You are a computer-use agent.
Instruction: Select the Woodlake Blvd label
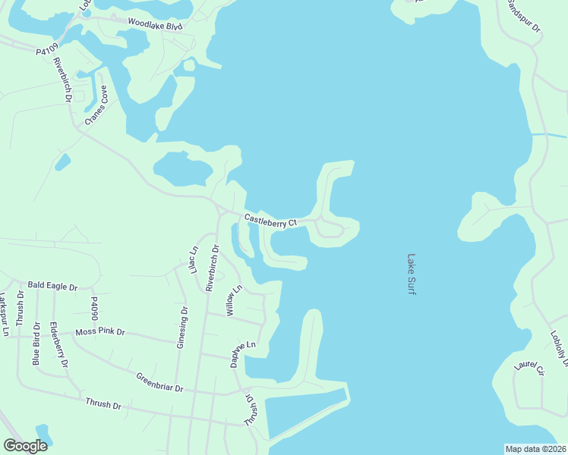click(x=155, y=25)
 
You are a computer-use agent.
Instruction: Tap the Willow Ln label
click(x=233, y=300)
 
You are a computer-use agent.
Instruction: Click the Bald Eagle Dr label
click(x=52, y=287)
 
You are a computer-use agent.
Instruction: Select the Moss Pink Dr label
click(x=100, y=333)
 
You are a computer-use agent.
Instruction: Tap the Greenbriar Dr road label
click(x=159, y=382)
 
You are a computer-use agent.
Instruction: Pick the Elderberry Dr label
click(x=58, y=346)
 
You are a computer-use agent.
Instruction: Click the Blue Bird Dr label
click(x=36, y=344)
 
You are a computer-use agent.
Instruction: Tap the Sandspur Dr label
click(x=524, y=17)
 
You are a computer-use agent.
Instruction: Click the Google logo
click(x=25, y=446)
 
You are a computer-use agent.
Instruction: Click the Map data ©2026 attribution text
click(x=535, y=449)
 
